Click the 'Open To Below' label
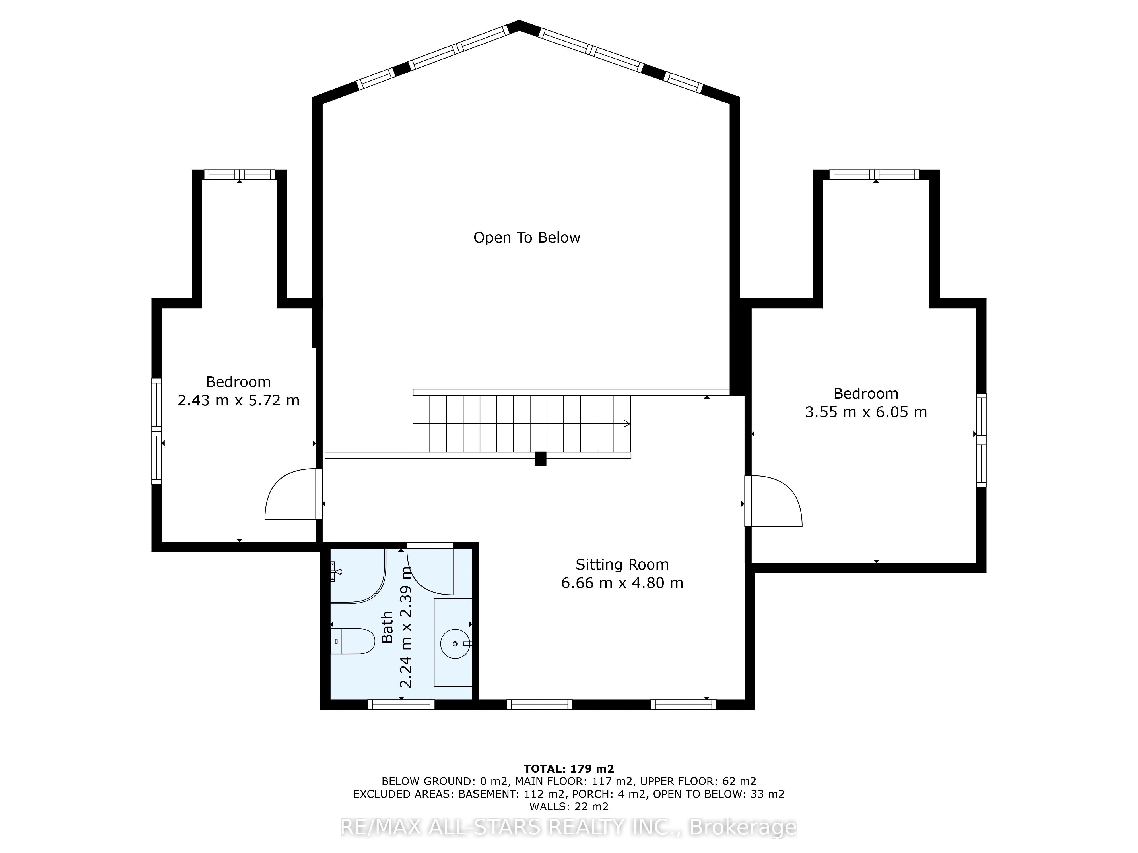pyautogui.click(x=527, y=237)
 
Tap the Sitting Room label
pyautogui.click(x=622, y=565)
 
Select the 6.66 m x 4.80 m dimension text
pyautogui.click(x=622, y=583)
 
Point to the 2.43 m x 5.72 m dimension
pyautogui.click(x=238, y=401)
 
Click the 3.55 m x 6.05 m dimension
pyautogui.click(x=866, y=412)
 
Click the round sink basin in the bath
pyautogui.click(x=455, y=643)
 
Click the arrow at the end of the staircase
pyautogui.click(x=627, y=424)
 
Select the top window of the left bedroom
pyautogui.click(x=239, y=175)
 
